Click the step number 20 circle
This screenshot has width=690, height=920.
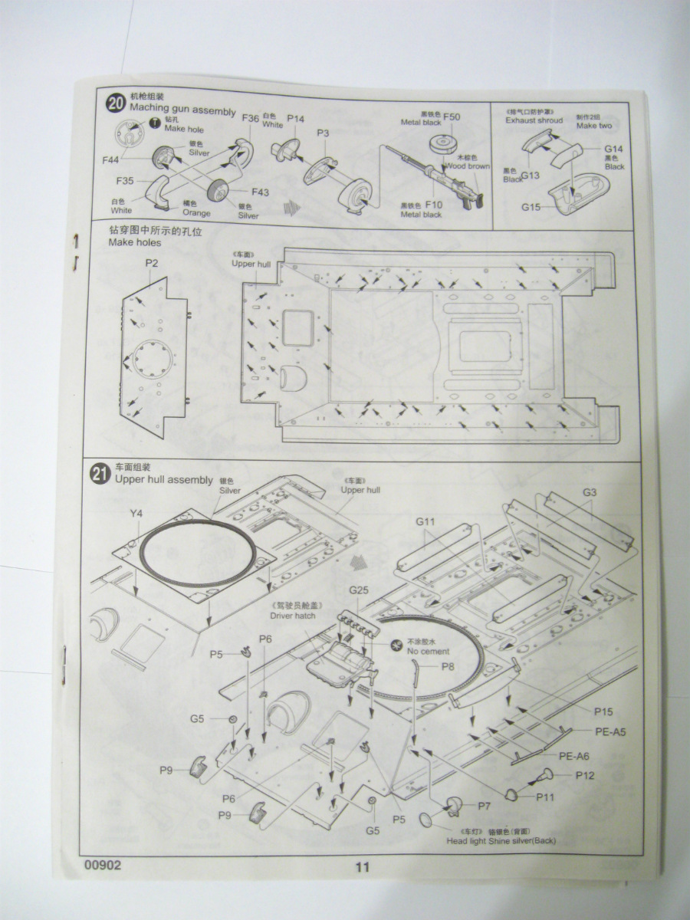coord(116,103)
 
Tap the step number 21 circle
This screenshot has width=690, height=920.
coord(100,475)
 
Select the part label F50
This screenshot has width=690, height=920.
coord(452,117)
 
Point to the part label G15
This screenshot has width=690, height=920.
coord(531,207)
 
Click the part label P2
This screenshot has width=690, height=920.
coord(152,264)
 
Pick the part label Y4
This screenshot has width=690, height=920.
coord(136,513)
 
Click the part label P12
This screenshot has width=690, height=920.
coord(585,775)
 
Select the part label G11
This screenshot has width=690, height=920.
coord(426,522)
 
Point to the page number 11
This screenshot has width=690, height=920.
coord(363,867)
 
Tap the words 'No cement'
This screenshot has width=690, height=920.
coord(428,651)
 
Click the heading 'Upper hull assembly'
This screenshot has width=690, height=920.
coord(163,480)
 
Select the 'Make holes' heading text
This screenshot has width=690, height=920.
coord(135,243)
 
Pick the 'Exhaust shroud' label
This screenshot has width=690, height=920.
coord(534,120)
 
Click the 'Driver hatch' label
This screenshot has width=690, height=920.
coord(293,615)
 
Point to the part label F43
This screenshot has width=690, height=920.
coord(260,192)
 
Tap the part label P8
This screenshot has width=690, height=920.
coord(448,666)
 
